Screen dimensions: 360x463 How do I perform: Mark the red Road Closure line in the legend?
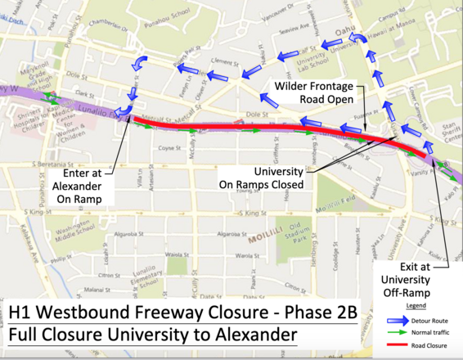tap(403, 345)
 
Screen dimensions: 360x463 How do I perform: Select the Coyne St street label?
tap(169, 148)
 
